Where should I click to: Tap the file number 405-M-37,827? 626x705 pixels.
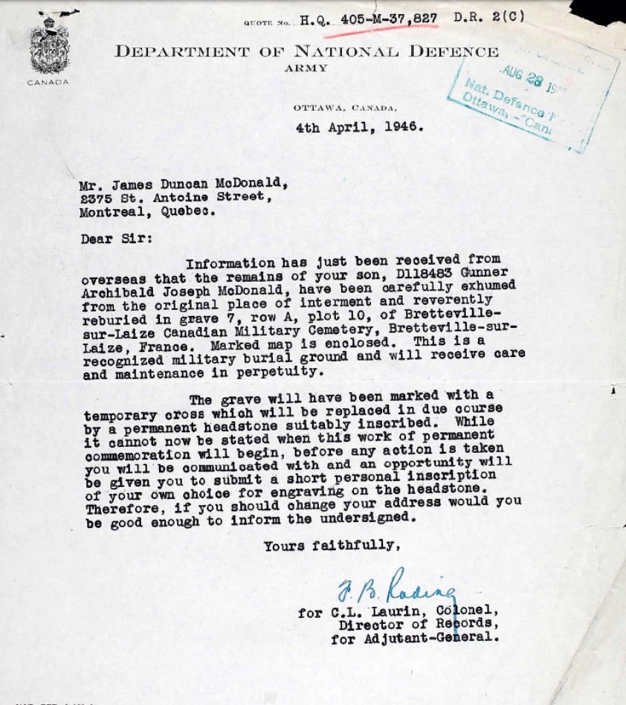(388, 19)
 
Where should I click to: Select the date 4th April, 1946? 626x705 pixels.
(360, 126)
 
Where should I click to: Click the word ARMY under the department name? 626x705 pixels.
(305, 68)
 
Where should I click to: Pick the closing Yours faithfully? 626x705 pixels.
(332, 546)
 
